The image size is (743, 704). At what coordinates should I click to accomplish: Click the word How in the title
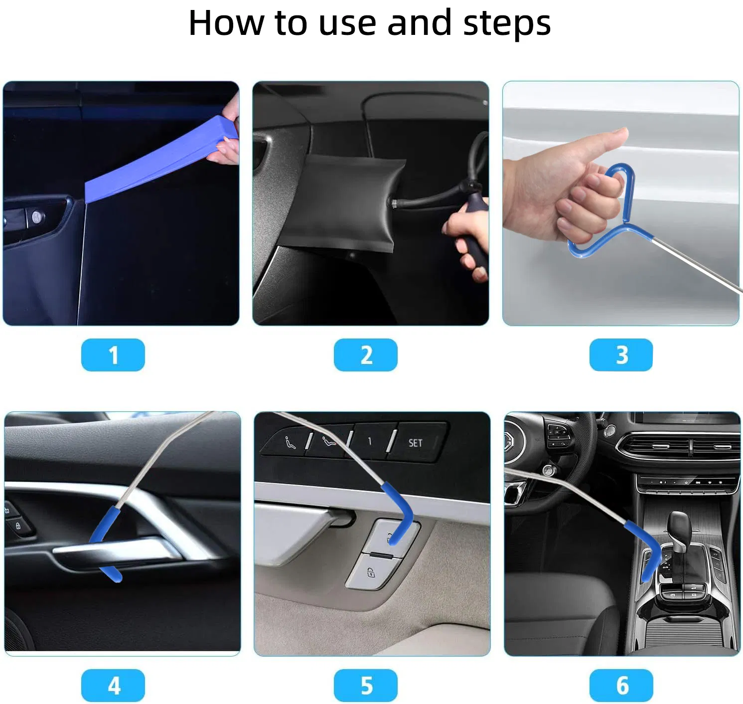[x=226, y=23]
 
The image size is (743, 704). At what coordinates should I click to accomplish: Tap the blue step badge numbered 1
[x=113, y=355]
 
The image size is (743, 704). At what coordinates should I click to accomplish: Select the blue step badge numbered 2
[x=365, y=355]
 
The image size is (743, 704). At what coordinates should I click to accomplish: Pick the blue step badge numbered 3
[x=620, y=355]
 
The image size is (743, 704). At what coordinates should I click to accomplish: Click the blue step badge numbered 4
[x=113, y=686]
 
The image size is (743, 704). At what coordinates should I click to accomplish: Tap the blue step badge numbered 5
[x=365, y=686]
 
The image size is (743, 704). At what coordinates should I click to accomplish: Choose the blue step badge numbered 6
[x=621, y=686]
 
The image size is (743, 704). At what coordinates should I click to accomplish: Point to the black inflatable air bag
[x=349, y=199]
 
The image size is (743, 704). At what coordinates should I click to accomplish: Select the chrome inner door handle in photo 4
[x=115, y=551]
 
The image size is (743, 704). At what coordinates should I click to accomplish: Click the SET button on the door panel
[x=416, y=443]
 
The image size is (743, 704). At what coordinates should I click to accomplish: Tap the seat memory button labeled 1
[x=370, y=441]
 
